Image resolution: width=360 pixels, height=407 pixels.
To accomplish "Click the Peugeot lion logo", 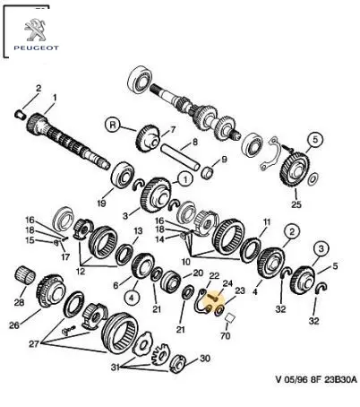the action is tap(35, 30).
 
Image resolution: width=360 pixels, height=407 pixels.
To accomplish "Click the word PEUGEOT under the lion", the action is tap(36, 48).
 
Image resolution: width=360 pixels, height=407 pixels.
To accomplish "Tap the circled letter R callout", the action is tap(113, 125).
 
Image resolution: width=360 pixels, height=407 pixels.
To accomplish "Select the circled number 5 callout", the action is tap(315, 139).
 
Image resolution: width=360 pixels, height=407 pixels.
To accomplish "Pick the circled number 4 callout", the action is tap(132, 297).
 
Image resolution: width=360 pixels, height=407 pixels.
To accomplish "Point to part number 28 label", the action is tap(19, 302).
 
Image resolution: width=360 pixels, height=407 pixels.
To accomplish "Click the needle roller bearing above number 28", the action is tap(25, 274).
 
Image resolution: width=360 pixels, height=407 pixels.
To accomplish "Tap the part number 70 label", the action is tap(226, 335).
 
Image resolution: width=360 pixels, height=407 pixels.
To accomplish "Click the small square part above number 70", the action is tap(230, 317).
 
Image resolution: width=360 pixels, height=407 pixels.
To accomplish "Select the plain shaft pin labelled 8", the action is tap(180, 157).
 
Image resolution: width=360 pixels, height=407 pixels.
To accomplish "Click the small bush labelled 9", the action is tap(208, 172).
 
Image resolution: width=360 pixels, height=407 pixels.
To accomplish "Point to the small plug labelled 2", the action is tap(20, 114).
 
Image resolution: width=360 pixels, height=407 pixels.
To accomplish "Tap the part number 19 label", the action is tap(101, 203).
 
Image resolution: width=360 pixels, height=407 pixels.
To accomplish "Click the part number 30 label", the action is tap(205, 358).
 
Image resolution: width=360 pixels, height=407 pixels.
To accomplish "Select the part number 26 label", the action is tap(14, 325).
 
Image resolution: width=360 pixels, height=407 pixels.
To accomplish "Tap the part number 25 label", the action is tap(296, 204).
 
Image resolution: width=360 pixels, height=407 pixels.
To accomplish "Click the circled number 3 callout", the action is tap(321, 248).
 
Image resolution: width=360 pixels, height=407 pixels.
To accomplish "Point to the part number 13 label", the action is tap(138, 230).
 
